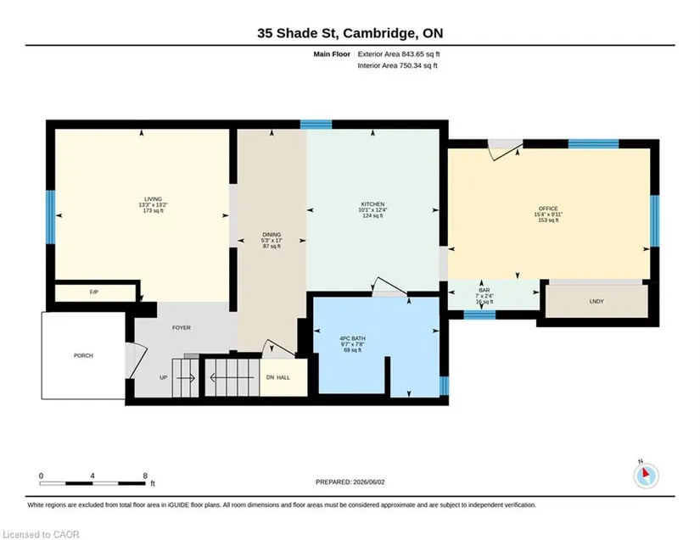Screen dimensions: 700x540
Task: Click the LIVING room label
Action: click(153, 199)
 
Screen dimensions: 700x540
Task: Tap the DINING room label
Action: click(272, 235)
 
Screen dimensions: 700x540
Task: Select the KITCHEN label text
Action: click(372, 204)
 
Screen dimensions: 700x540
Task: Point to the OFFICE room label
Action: click(548, 209)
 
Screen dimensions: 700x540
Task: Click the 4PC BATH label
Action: click(353, 338)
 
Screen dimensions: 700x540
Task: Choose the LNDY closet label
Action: click(596, 302)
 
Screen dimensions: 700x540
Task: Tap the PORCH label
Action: click(83, 355)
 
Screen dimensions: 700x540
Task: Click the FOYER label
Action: click(182, 328)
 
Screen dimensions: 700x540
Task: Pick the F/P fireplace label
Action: click(93, 292)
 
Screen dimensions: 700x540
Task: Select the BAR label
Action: click(484, 290)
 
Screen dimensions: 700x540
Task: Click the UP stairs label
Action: click(164, 378)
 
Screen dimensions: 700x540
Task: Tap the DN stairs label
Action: click(270, 378)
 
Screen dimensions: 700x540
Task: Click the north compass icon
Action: click(646, 476)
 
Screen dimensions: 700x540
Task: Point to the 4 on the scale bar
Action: click(92, 476)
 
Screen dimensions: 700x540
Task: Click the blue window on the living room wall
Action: click(51, 217)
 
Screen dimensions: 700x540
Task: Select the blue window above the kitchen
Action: click(316, 125)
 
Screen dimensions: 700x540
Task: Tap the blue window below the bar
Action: click(480, 315)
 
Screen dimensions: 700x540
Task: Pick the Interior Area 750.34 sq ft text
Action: click(397, 65)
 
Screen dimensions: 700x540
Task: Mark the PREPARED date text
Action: click(350, 482)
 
